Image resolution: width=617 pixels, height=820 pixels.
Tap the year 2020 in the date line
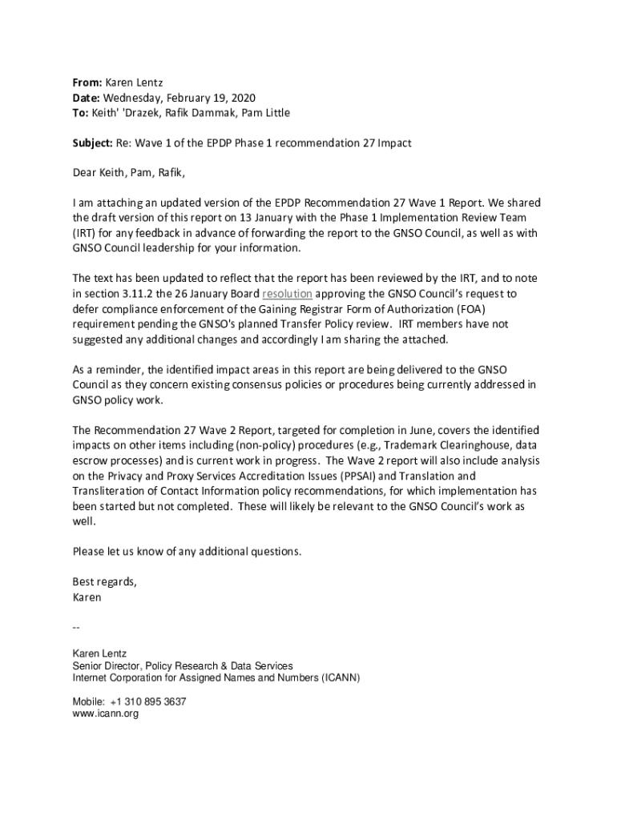click(x=242, y=98)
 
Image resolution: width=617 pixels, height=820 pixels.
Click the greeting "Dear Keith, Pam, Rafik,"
click(x=133, y=172)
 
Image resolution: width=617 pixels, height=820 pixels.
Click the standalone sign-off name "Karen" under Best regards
click(x=87, y=597)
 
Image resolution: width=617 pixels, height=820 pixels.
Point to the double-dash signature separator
click(x=76, y=626)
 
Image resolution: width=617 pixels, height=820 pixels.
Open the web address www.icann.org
click(x=106, y=713)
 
